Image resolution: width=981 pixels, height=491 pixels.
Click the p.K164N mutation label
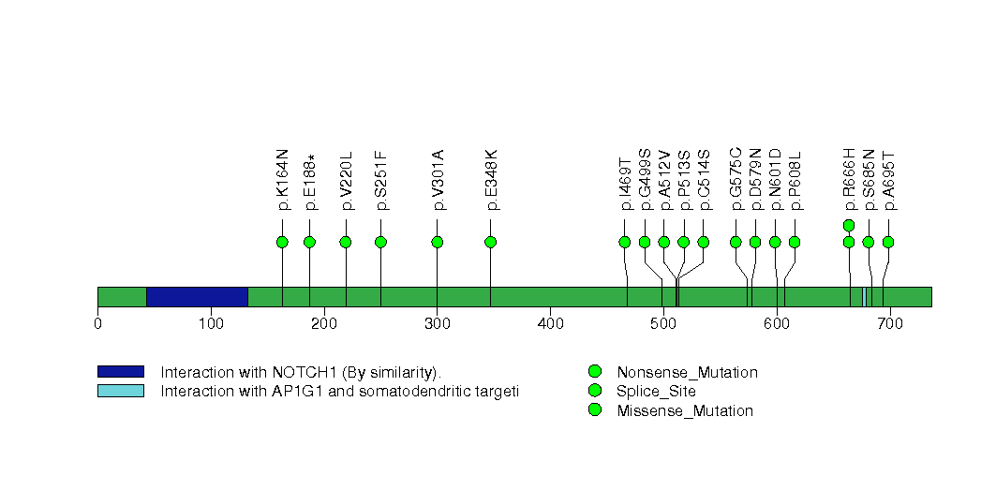pyautogui.click(x=282, y=180)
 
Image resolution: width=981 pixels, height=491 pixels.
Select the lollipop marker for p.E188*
pyautogui.click(x=309, y=242)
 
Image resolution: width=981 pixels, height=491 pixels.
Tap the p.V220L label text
pyautogui.click(x=346, y=180)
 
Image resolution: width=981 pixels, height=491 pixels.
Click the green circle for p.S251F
pyautogui.click(x=380, y=242)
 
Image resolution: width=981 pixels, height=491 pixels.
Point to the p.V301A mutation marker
pyautogui.click(x=437, y=242)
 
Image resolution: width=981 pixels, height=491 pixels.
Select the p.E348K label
pyautogui.click(x=490, y=180)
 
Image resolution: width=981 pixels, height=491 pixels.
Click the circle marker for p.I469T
pyautogui.click(x=625, y=242)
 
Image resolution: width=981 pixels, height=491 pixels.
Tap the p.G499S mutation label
pyautogui.click(x=645, y=179)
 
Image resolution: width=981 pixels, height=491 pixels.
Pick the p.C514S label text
pyautogui.click(x=704, y=179)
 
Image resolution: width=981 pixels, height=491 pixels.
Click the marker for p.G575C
pyautogui.click(x=736, y=242)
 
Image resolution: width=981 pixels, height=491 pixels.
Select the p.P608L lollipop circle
pyautogui.click(x=795, y=242)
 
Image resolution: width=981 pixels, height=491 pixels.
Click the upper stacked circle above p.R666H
pyautogui.click(x=849, y=225)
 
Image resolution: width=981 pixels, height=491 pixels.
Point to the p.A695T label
pyautogui.click(x=888, y=180)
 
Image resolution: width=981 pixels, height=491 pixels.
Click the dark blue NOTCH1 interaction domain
pyautogui.click(x=197, y=296)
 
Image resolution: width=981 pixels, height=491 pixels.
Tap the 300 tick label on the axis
pyautogui.click(x=437, y=324)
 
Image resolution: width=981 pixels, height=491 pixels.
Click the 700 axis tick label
pyautogui.click(x=890, y=324)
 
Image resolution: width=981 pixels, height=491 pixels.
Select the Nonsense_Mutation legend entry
pyautogui.click(x=687, y=373)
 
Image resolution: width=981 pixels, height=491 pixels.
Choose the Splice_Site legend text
pyautogui.click(x=656, y=392)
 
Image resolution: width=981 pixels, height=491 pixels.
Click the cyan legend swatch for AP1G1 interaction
pyautogui.click(x=120, y=391)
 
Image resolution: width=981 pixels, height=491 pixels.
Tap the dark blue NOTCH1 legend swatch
pyautogui.click(x=120, y=372)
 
